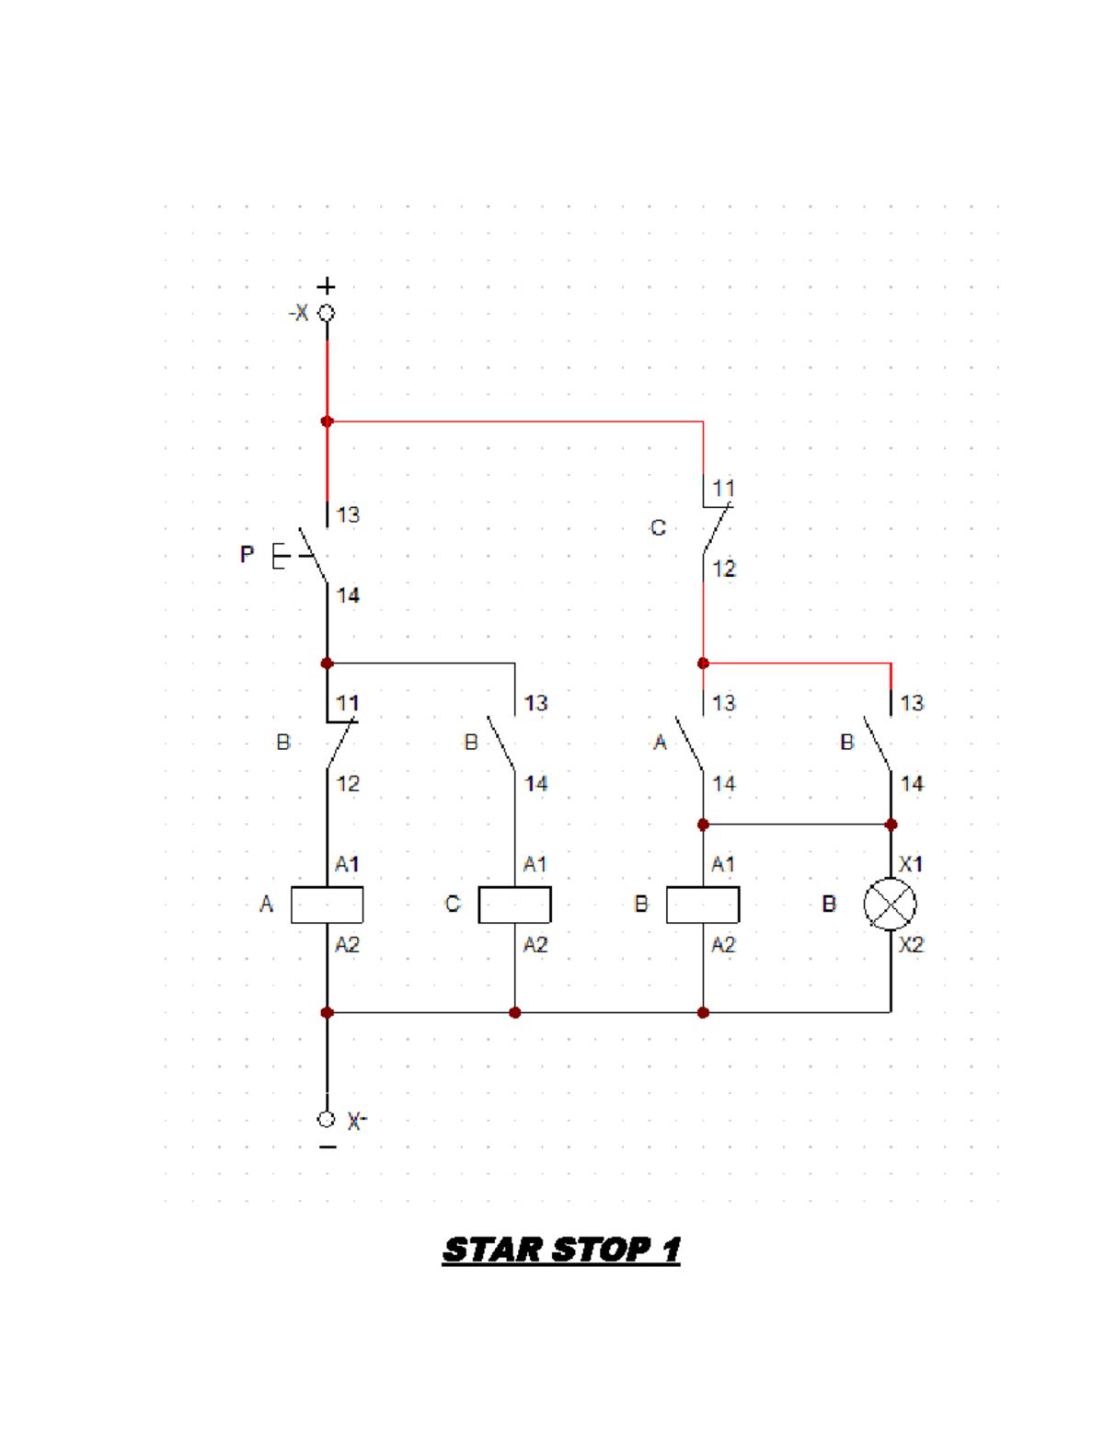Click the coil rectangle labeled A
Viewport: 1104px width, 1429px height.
pos(327,905)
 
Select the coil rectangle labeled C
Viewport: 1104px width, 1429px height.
pos(514,905)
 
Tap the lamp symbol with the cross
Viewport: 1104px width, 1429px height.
pos(890,905)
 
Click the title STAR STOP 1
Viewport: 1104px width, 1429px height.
pos(561,1250)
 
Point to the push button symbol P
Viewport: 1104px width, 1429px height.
pos(299,556)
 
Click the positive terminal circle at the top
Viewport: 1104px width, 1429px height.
pos(327,313)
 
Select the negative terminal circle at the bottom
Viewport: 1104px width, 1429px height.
pos(327,1119)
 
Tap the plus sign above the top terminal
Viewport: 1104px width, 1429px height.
pos(327,286)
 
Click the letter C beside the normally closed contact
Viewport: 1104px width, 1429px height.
pos(658,528)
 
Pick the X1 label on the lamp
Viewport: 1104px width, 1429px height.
pos(911,864)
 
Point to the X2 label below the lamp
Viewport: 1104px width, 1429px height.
pos(911,945)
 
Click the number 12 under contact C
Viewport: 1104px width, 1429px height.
pos(724,569)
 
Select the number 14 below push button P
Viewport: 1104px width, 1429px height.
pos(348,595)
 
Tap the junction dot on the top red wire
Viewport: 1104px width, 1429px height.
pos(327,421)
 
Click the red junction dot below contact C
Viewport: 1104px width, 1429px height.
pos(703,663)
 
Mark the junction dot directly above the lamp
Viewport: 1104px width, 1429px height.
pos(891,824)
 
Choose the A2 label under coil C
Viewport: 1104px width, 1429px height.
pos(535,945)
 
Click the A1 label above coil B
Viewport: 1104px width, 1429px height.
pos(723,864)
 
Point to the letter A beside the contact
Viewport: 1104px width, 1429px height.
pos(660,743)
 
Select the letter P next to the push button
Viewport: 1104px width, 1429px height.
pos(247,555)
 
